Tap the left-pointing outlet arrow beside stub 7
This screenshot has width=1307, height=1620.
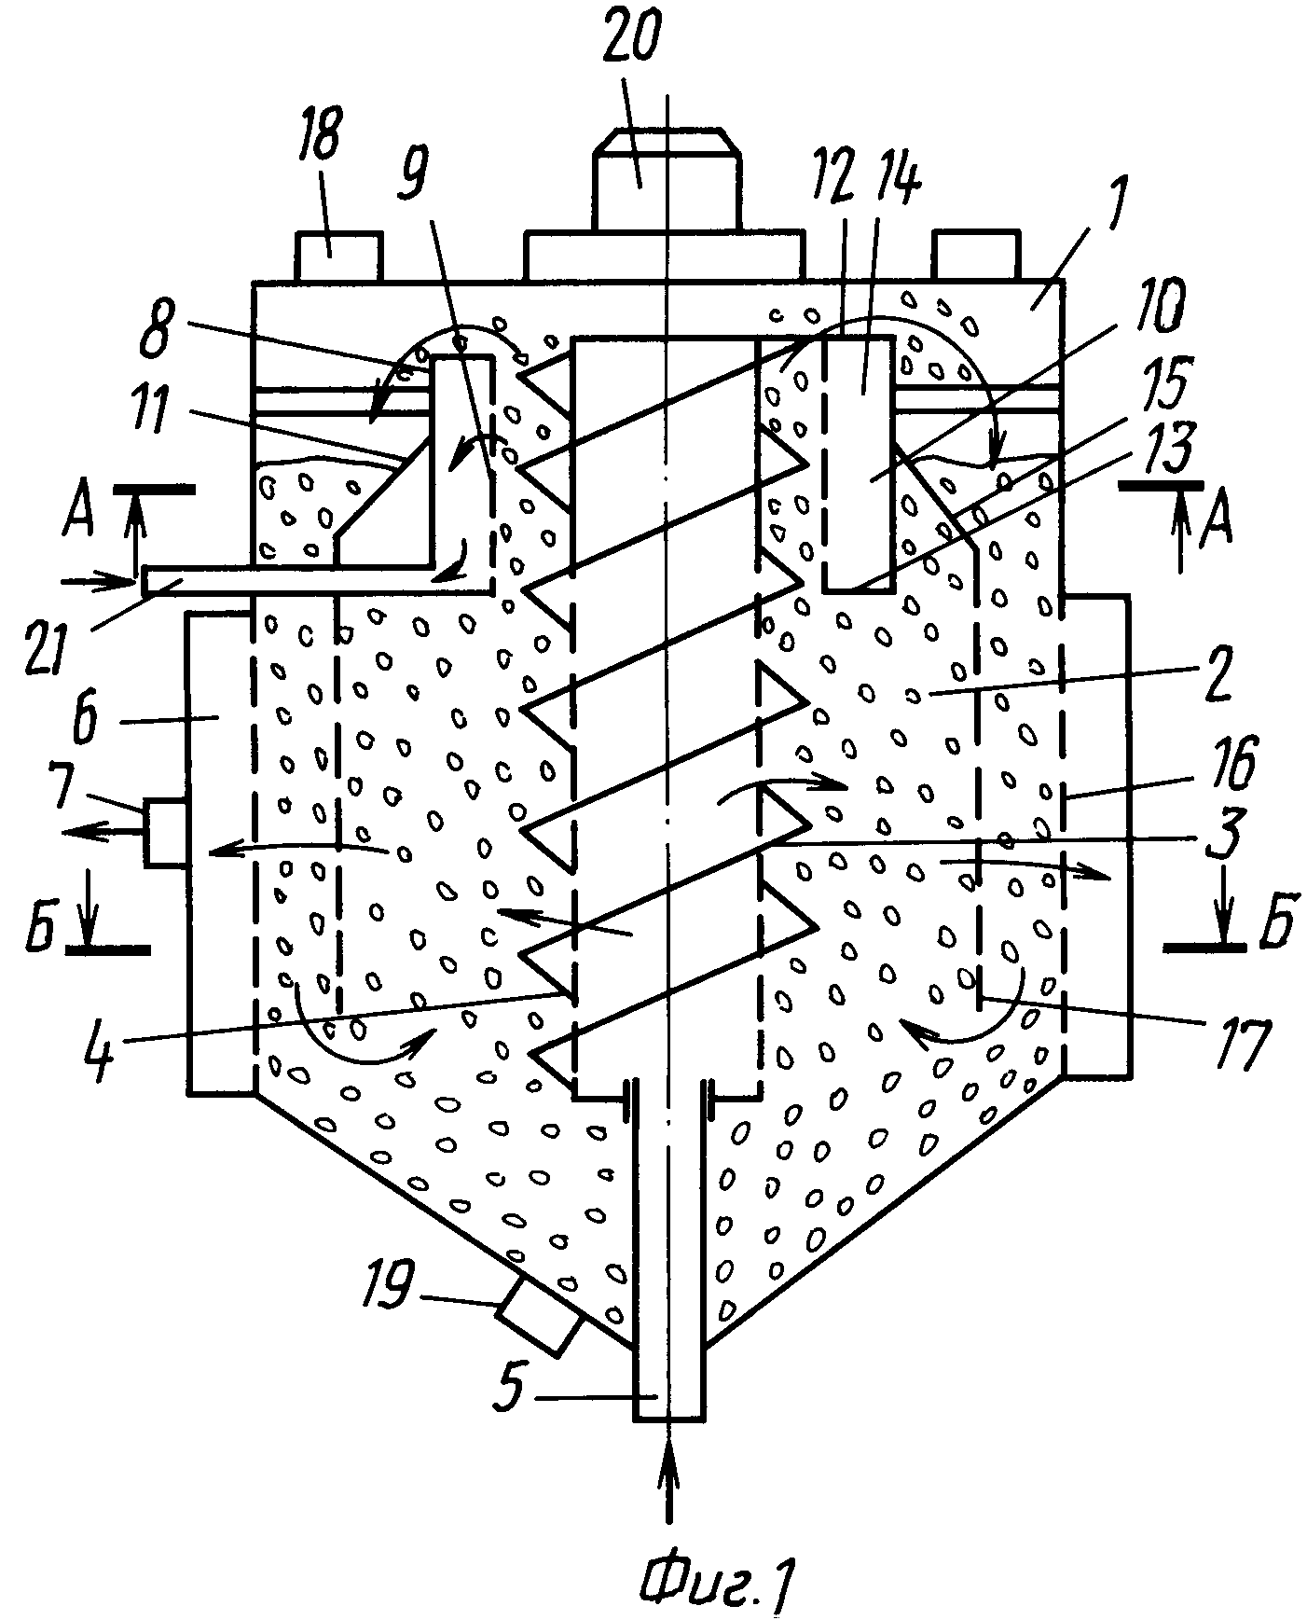[101, 833]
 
